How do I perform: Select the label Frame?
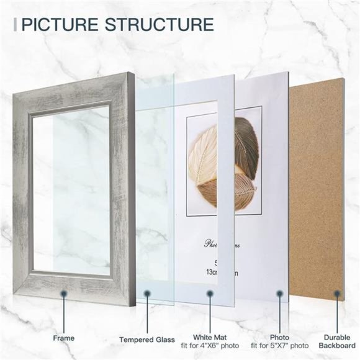click(63, 338)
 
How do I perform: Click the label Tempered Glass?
click(146, 340)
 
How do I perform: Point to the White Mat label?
click(211, 337)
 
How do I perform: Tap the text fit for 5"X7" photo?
click(280, 345)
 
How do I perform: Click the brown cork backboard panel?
click(323, 186)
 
